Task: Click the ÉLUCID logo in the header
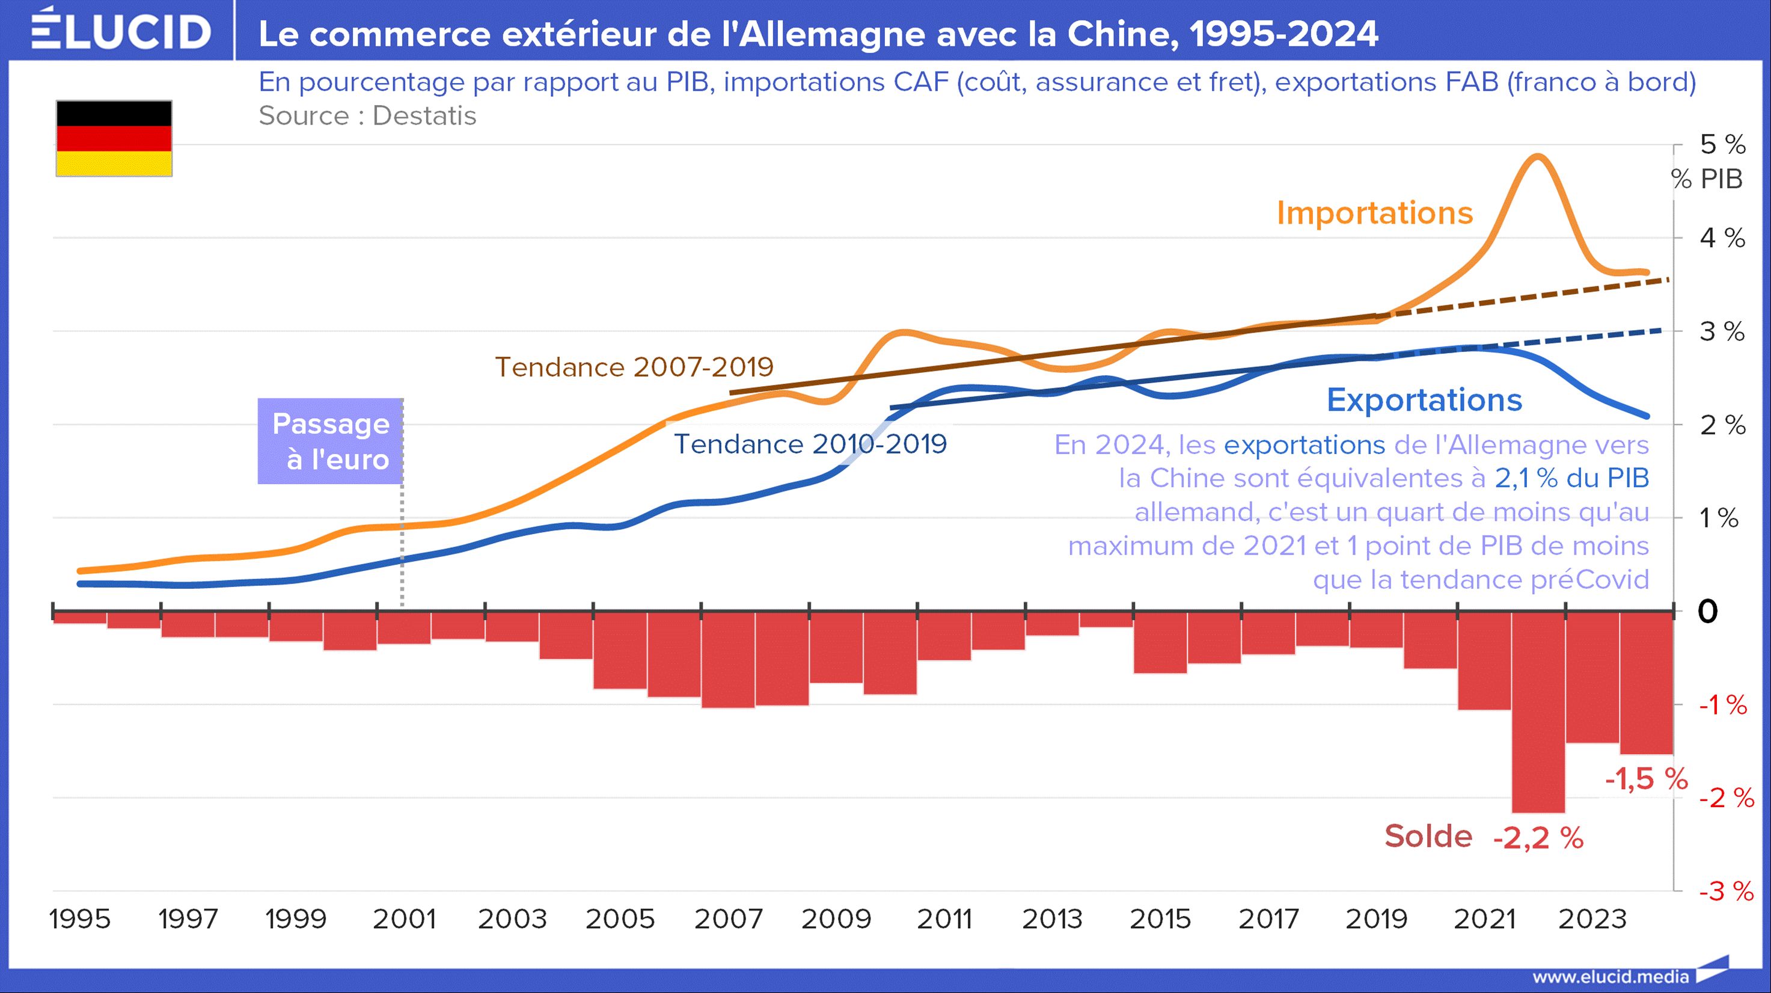(121, 31)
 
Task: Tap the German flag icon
(114, 138)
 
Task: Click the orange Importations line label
(1374, 213)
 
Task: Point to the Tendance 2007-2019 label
(634, 367)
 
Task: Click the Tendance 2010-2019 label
(809, 444)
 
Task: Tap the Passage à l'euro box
(330, 441)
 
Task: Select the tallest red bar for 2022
(1538, 712)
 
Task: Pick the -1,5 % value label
(1646, 779)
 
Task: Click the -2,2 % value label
(1538, 838)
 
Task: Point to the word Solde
(1428, 837)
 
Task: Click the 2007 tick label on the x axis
(728, 919)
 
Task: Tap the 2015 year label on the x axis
(1160, 919)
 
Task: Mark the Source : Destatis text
(367, 115)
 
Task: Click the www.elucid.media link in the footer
(1610, 977)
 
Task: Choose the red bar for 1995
(80, 618)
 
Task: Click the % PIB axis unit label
(1707, 179)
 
